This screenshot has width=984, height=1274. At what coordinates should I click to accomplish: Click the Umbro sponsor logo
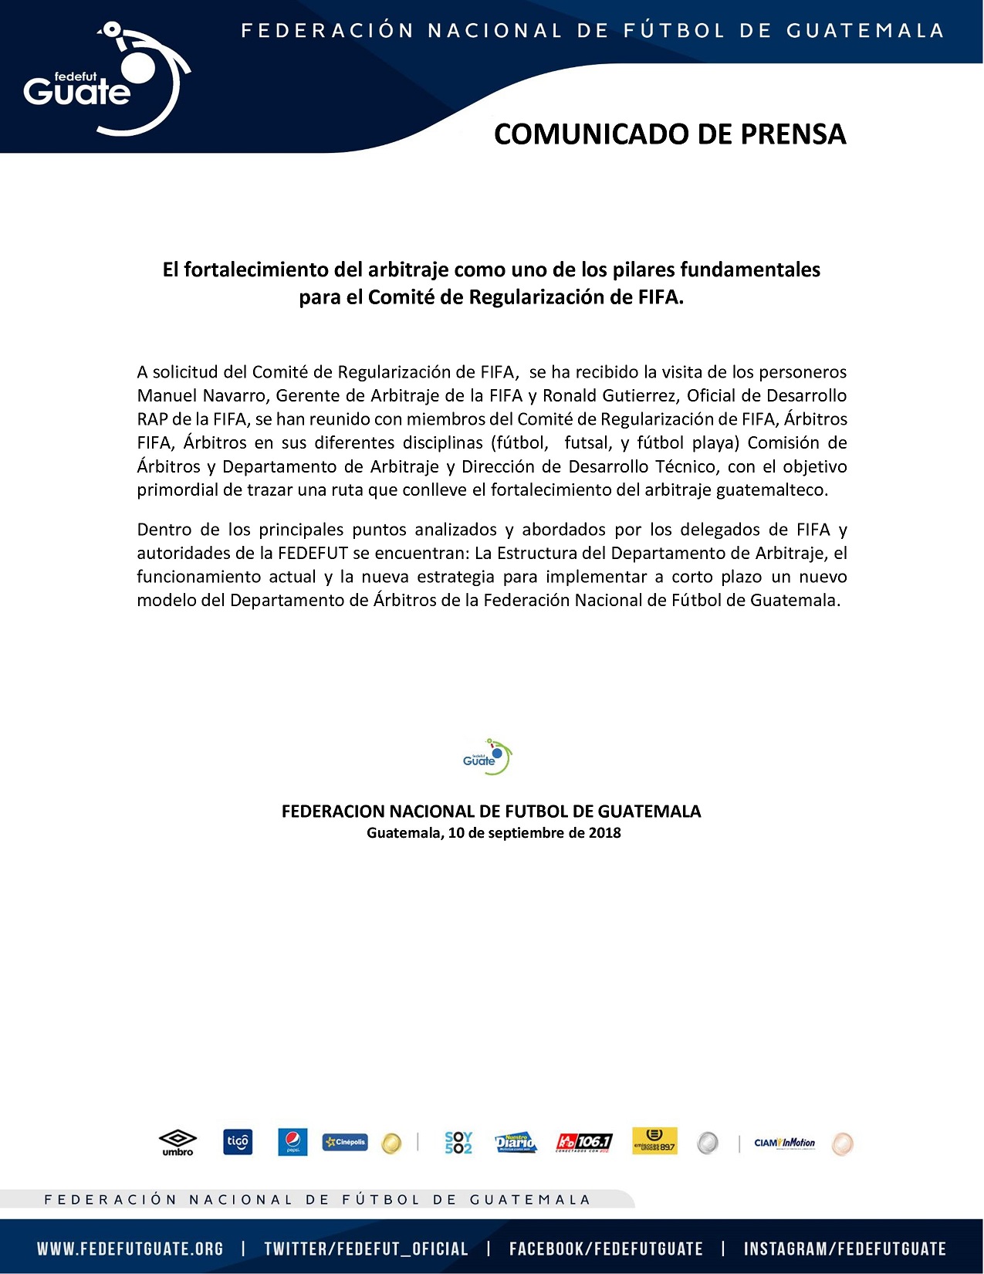click(178, 1142)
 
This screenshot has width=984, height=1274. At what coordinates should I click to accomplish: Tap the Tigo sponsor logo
click(238, 1142)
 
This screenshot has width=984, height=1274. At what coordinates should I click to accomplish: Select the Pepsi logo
click(292, 1142)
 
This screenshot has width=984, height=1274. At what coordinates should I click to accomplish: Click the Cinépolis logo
click(345, 1142)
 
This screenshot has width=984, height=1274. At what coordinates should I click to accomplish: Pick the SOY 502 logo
click(458, 1143)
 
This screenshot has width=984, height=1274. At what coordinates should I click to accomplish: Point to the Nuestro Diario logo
click(516, 1143)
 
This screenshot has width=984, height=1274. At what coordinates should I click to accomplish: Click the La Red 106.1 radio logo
click(584, 1142)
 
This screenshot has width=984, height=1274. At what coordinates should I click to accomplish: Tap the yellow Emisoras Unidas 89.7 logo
click(654, 1141)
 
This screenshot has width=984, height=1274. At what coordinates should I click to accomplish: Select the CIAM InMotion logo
click(784, 1143)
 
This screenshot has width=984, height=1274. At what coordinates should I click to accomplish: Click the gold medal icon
click(391, 1143)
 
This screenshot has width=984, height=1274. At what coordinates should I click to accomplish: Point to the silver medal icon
click(708, 1143)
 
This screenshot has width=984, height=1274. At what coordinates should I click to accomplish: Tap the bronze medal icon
click(842, 1144)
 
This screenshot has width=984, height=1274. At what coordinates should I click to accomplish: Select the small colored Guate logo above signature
click(487, 757)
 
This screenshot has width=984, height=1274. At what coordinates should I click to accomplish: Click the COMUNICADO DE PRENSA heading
click(670, 134)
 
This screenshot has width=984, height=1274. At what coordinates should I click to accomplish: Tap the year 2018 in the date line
click(604, 833)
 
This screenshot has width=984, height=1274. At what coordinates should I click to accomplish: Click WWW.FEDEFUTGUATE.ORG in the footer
click(130, 1249)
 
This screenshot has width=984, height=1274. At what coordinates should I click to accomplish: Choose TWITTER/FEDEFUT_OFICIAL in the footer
click(366, 1249)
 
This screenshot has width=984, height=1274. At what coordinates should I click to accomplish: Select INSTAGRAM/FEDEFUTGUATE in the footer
click(844, 1249)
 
